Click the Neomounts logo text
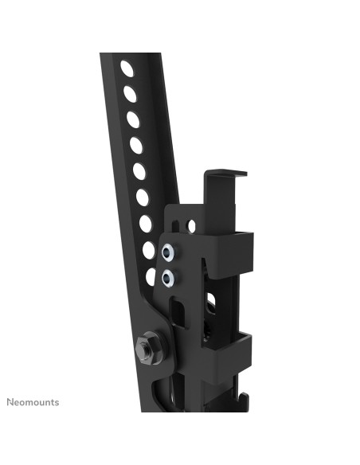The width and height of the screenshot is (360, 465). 33,402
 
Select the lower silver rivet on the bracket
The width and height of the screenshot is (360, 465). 167,277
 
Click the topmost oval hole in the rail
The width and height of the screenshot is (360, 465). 127,68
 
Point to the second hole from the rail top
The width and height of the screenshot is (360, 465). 130,94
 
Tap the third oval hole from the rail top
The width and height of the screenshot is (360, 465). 133,119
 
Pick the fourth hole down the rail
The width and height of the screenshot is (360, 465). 136,145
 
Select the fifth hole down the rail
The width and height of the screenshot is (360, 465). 139,170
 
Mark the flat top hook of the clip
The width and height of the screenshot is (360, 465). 225,172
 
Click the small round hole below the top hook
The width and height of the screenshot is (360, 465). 191,225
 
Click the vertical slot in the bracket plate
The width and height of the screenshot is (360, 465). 180,311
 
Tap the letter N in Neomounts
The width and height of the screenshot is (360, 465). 10,402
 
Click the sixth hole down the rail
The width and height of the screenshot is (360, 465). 143,197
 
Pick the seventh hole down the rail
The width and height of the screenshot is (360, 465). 146,223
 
